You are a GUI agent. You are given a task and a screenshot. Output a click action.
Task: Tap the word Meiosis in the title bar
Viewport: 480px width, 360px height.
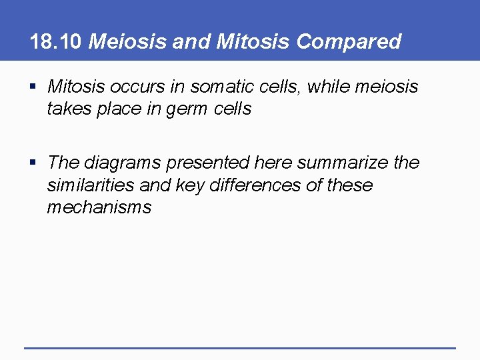click(x=127, y=42)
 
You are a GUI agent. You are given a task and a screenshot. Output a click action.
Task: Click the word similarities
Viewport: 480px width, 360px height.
click(x=91, y=185)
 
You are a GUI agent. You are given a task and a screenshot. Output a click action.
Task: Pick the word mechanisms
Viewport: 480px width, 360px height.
click(x=99, y=207)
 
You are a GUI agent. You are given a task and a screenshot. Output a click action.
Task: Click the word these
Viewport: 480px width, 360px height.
click(x=349, y=185)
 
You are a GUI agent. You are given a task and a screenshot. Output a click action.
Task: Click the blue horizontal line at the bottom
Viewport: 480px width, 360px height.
click(x=240, y=347)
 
